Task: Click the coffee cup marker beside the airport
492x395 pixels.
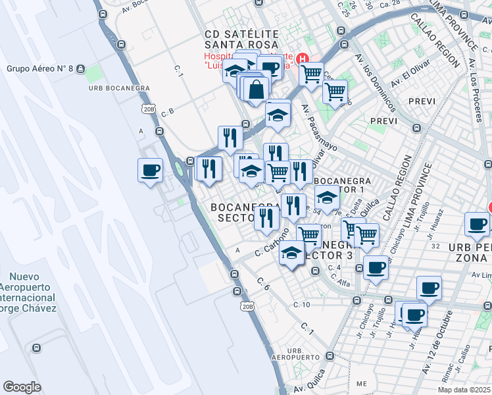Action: click(150, 171)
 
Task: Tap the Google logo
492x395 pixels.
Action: click(22, 386)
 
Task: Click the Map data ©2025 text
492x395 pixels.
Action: click(464, 390)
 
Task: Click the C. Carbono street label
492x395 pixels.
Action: click(272, 243)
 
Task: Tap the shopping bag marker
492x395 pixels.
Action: click(255, 88)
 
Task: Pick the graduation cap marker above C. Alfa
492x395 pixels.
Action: click(291, 253)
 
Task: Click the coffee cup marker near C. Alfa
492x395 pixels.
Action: click(376, 267)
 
